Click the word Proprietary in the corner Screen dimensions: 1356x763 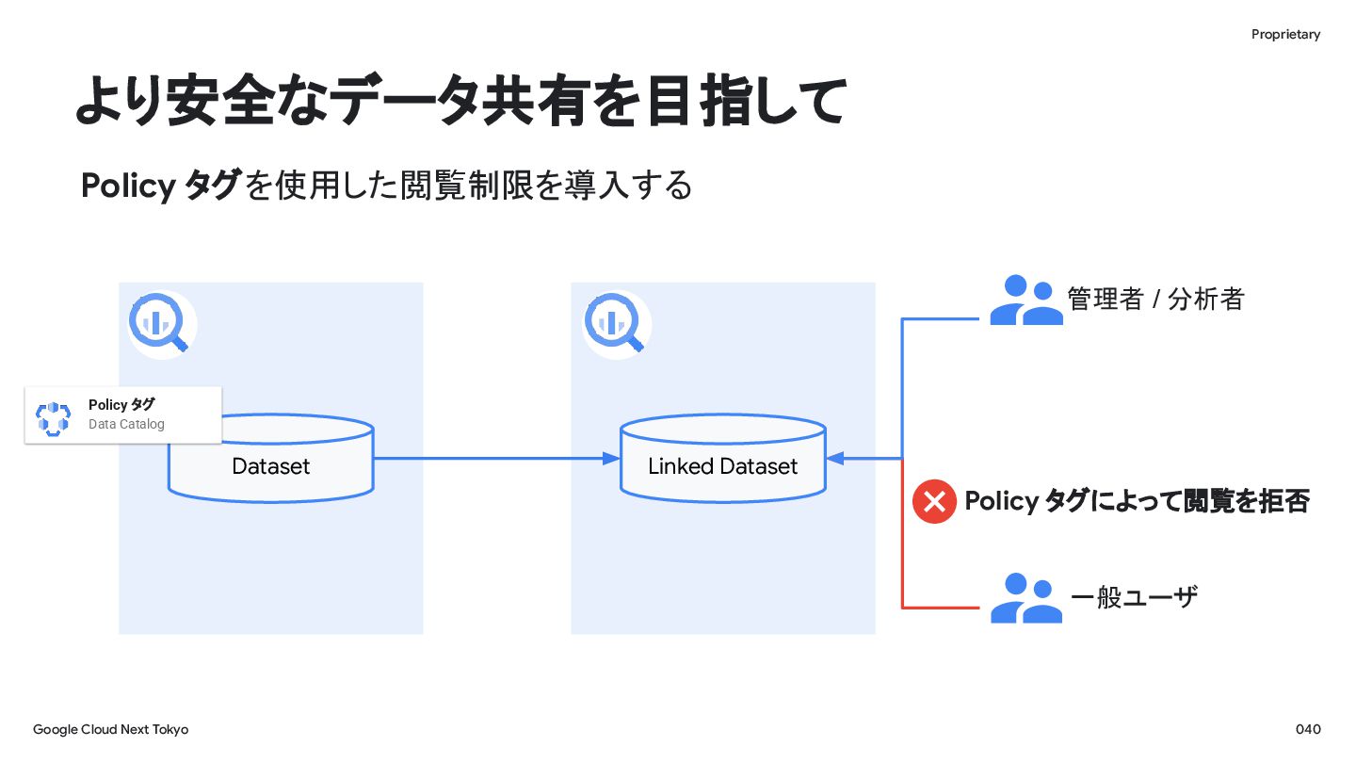pos(1285,35)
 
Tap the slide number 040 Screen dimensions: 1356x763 pos(1308,729)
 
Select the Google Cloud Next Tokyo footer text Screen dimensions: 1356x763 pos(111,730)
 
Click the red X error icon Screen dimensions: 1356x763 pos(934,501)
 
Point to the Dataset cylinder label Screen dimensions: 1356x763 pos(270,466)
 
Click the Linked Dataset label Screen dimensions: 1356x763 pos(723,466)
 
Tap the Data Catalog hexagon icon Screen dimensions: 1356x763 pos(54,418)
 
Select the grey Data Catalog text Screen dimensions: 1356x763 pos(126,424)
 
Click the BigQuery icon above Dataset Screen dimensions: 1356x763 pos(160,323)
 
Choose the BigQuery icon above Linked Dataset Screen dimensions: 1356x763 pos(615,323)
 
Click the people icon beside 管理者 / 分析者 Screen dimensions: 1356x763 pos(1026,300)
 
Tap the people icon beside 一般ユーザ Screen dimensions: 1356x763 pos(1026,598)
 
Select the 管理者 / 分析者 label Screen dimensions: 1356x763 pos(1155,300)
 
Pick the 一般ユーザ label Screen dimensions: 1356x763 pos(1134,597)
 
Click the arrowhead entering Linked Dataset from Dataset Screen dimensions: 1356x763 pos(611,459)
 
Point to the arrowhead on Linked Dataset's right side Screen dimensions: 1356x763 pos(835,459)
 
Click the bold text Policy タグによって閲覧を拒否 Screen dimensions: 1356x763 pos(1137,501)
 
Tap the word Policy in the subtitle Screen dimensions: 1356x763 pos(128,186)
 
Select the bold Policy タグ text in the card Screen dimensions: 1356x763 pos(121,404)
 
